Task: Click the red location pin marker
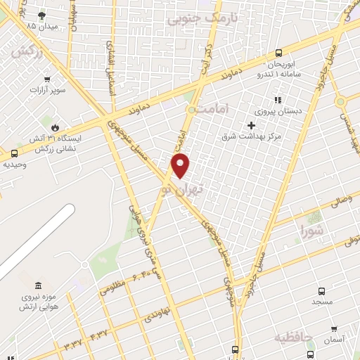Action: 181,165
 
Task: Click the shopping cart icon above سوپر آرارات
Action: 47,79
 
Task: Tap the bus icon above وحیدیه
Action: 15,153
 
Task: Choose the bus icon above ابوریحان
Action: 278,53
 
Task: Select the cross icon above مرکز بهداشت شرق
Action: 251,124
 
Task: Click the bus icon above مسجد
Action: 321,291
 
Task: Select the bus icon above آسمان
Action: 332,329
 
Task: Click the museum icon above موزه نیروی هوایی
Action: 38,285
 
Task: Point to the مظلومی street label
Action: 112,287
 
